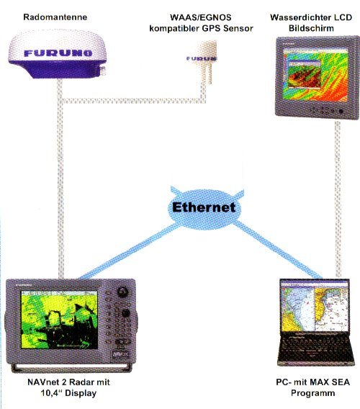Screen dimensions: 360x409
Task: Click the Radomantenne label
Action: coord(55,17)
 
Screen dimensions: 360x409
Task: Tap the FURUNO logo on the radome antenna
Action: coord(58,53)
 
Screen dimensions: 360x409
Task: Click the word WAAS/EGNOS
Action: coord(201,17)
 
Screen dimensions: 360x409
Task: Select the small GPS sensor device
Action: coord(204,62)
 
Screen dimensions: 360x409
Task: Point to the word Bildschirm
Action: coord(311,28)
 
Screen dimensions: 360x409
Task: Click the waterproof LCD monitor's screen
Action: coord(315,75)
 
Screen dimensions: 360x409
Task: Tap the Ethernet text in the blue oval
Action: coord(204,207)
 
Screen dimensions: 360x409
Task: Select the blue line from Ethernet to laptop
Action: coord(278,250)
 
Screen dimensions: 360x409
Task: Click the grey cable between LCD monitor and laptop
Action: coord(338,199)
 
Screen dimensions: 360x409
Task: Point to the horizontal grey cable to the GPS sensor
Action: coord(134,100)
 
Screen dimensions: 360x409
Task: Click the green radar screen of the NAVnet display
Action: coord(59,320)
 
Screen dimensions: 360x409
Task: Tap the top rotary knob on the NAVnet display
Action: coord(122,292)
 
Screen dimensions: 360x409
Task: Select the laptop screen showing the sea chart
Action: coord(315,307)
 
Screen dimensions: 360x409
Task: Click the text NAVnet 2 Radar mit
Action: coord(68,382)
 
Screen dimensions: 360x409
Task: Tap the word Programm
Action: coord(312,393)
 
